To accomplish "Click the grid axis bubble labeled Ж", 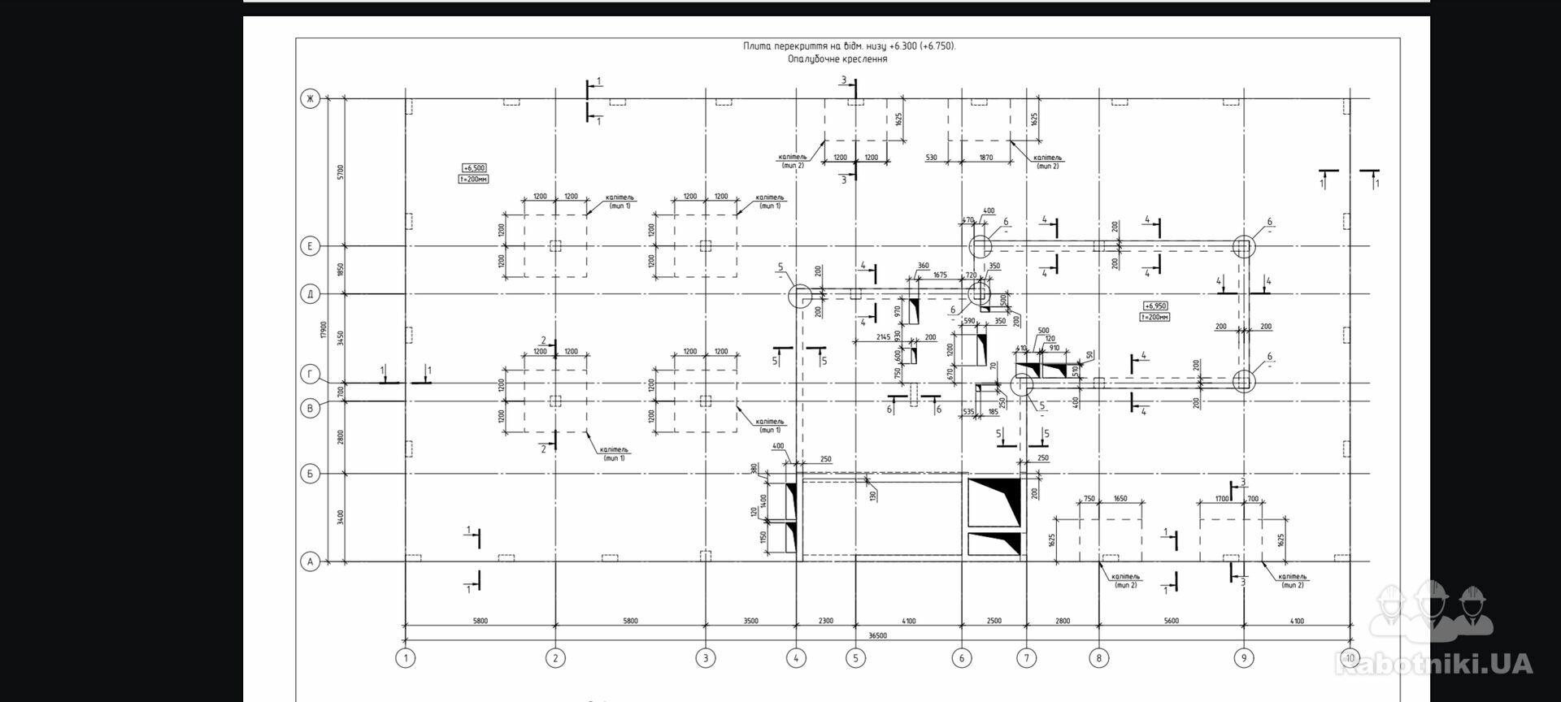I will pos(310,99).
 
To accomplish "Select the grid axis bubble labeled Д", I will pos(310,293).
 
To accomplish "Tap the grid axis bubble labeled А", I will pos(310,561).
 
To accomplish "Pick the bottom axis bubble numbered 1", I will pos(405,658).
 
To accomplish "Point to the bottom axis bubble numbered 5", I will pos(855,658).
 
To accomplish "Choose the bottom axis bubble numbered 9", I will pos(1243,658).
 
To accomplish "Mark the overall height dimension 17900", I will pos(324,330).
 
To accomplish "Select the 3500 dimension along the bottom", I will pos(750,621).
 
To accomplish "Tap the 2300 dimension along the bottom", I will pos(825,621).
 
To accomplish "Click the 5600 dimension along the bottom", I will pos(1171,621).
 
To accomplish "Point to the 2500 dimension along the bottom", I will pos(994,621).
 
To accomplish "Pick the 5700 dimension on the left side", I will pos(341,171).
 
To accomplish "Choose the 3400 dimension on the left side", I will pos(341,517).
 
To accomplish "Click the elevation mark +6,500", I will pos(473,168).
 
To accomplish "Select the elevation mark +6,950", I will pos(1155,306).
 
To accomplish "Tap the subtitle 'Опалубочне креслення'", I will pos(837,59).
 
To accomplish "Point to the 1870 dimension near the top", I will pos(985,158).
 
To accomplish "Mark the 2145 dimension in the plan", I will pos(883,336).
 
